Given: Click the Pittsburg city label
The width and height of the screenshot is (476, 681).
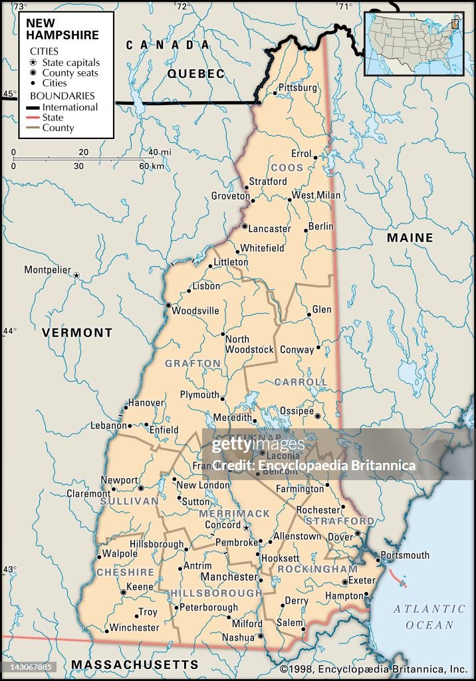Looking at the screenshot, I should click(297, 88).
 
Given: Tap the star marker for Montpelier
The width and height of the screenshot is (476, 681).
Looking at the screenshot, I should click(76, 275).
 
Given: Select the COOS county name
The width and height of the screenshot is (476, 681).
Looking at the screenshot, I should click(287, 168).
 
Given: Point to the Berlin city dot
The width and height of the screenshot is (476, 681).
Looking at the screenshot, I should click(306, 231).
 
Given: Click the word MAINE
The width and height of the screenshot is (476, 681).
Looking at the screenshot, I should click(410, 237).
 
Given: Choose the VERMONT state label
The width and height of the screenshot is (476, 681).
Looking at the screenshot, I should click(77, 333).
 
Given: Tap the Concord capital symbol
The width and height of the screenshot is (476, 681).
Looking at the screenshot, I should click(246, 527).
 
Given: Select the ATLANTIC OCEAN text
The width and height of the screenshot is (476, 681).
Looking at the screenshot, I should click(429, 616).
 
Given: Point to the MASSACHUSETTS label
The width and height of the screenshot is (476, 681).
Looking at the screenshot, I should click(135, 664).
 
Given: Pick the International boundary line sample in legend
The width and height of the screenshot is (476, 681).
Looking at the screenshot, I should click(33, 107).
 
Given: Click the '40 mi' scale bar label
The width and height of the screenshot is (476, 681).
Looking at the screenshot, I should click(160, 152).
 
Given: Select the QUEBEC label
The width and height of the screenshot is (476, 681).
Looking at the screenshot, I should click(196, 74).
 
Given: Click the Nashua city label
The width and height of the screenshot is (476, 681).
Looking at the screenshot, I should click(238, 637).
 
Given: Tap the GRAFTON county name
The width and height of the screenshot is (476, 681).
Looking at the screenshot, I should click(193, 363).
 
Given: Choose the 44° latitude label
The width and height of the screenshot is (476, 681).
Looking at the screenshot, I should click(9, 331).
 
